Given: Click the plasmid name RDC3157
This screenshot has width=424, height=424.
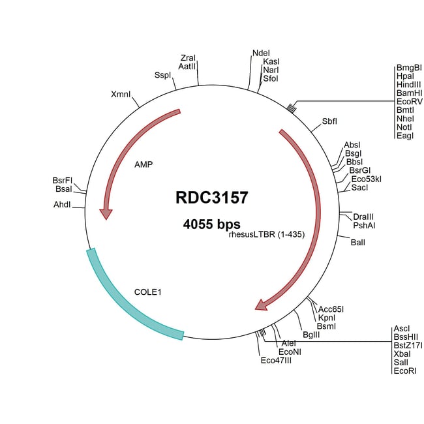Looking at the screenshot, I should coord(212,197).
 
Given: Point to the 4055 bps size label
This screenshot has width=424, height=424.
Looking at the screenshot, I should coord(212,224).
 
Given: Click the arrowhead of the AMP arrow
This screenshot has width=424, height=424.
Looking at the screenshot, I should coord(105,213).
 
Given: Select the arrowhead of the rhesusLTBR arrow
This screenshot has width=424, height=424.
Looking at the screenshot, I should coord(262,304).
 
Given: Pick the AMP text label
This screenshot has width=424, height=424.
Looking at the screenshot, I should coord(144,164).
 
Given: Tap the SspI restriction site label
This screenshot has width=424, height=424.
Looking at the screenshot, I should coord(162,74).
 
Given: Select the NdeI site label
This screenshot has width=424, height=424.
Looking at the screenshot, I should coord(261,53).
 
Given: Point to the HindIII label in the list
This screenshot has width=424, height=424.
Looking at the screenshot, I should coord(409,85).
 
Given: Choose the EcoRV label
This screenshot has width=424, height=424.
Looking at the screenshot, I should coord(408,102).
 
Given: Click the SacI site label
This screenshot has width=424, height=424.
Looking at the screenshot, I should coord(360,187).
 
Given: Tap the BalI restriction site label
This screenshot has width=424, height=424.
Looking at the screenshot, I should coord(358,243).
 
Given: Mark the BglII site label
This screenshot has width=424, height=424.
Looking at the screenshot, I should coord(311,335).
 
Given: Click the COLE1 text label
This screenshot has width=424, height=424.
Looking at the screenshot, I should coord(147,292).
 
